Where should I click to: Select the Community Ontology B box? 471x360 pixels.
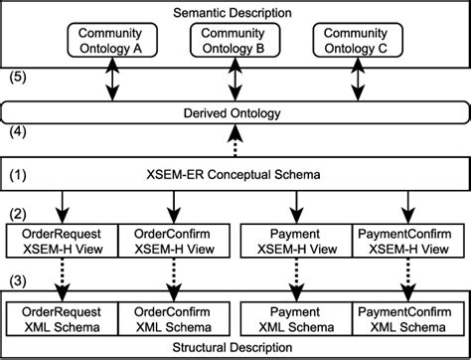pos(235,41)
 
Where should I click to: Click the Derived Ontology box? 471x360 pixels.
pos(235,113)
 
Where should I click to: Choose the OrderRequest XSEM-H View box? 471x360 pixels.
pos(63,239)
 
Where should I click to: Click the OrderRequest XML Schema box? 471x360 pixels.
pos(63,319)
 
